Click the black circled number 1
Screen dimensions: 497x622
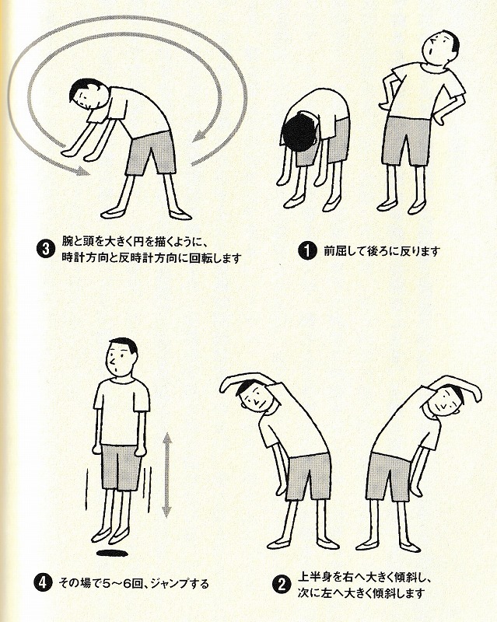pyautogui.click(x=307, y=251)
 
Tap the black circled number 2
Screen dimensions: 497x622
pyautogui.click(x=282, y=585)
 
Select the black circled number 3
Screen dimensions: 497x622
pyautogui.click(x=46, y=250)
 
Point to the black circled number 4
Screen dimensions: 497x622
pyautogui.click(x=43, y=583)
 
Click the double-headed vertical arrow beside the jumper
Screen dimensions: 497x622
pyautogui.click(x=166, y=475)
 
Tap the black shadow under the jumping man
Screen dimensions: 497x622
pyautogui.click(x=112, y=553)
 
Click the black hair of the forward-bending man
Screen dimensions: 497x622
pyautogui.click(x=300, y=134)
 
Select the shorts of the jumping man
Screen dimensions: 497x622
pyautogui.click(x=121, y=467)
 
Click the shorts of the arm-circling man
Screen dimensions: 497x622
pyautogui.click(x=152, y=153)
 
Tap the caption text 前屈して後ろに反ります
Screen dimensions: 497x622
pyautogui.click(x=382, y=251)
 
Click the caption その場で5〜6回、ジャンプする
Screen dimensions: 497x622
pyautogui.click(x=133, y=584)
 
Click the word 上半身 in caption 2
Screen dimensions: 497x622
pyautogui.click(x=313, y=577)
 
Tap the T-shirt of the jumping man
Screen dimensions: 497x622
pyautogui.click(x=122, y=412)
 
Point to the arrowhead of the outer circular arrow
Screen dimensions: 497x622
pyautogui.click(x=82, y=171)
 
